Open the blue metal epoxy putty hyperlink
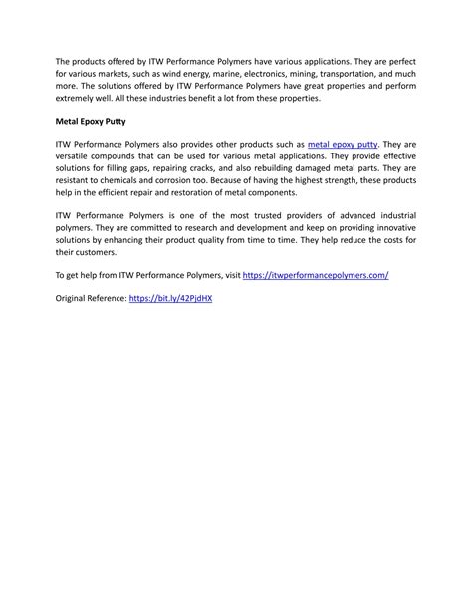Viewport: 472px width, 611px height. tap(343, 146)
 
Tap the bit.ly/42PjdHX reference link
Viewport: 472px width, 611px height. tap(170, 297)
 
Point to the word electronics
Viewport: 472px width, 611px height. tap(287, 74)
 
